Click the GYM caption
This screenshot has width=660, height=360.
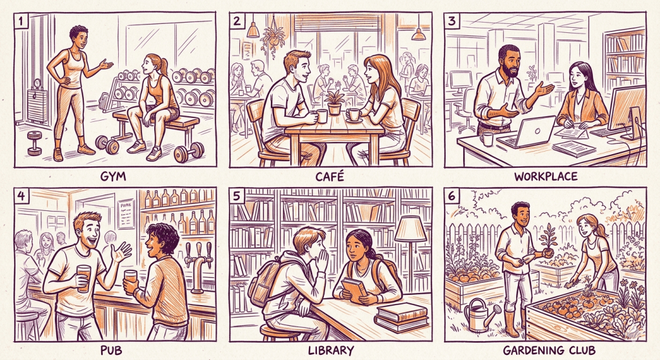pyautogui.click(x=113, y=175)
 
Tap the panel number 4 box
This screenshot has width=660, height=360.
pyautogui.click(x=21, y=195)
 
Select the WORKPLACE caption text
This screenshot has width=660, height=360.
pyautogui.click(x=546, y=175)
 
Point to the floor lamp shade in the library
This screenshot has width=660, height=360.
pyautogui.click(x=410, y=228)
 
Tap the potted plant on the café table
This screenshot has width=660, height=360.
pyautogui.click(x=334, y=102)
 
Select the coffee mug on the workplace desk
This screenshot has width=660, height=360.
pyautogui.click(x=487, y=139)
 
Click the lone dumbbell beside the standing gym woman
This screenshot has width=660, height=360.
pyautogui.click(x=34, y=143)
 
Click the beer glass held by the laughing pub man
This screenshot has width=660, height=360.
pyautogui.click(x=83, y=278)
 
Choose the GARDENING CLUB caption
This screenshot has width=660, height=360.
pyautogui.click(x=549, y=350)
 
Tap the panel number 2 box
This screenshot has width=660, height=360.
pyautogui.click(x=237, y=20)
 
